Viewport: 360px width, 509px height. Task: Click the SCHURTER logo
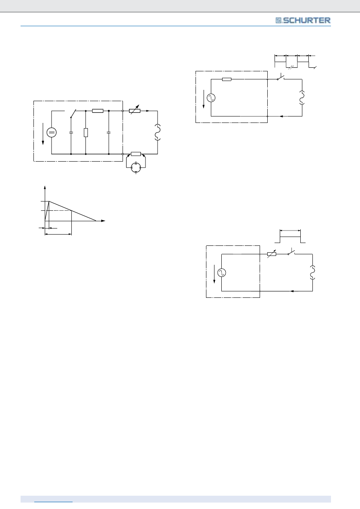click(303, 21)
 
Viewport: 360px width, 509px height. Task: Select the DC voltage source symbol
click(51, 133)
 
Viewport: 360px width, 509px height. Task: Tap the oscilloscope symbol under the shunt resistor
click(136, 168)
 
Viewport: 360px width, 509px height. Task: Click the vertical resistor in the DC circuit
click(86, 133)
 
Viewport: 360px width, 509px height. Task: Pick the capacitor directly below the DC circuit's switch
click(71, 132)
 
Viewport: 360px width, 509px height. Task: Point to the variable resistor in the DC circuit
click(135, 111)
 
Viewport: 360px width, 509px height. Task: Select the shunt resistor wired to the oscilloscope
click(136, 154)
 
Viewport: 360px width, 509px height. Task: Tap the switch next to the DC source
click(73, 114)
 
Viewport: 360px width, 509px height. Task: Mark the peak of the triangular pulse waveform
click(49, 202)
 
